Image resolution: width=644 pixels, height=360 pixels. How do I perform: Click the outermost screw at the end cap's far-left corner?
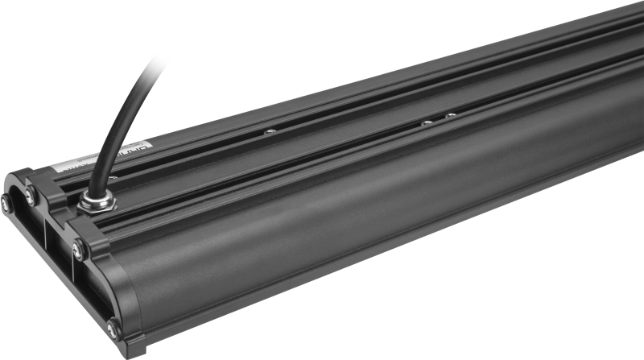6,204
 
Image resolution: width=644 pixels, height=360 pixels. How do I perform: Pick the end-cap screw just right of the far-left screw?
31,195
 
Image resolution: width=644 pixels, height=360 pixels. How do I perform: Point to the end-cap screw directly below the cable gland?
79,250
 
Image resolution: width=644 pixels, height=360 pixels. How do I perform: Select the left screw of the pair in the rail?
427,123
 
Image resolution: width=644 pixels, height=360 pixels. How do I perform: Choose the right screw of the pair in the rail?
450,116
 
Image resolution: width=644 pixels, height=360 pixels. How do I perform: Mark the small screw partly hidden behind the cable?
112,178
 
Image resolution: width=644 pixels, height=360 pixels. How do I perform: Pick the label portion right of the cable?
129,152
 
